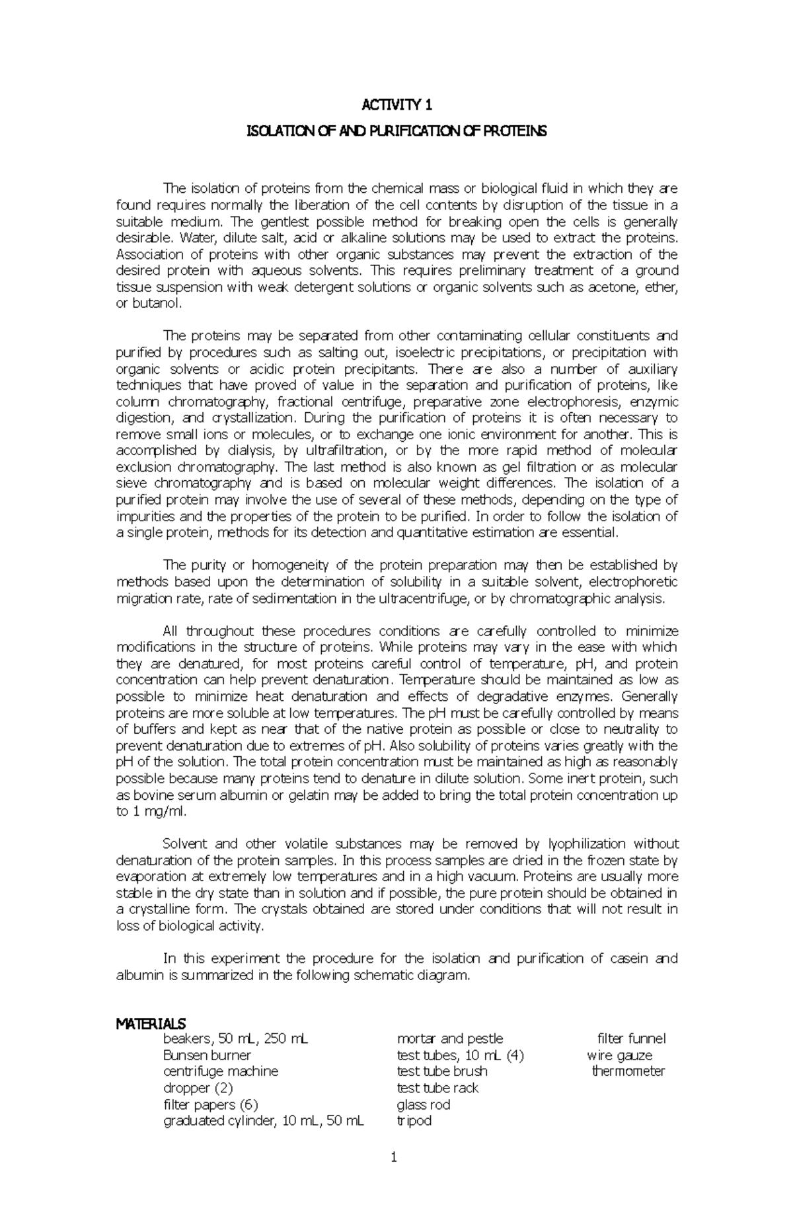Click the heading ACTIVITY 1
[397, 105]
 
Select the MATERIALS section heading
[151, 1024]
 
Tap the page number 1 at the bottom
[395, 1176]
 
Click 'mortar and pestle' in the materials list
[449, 1039]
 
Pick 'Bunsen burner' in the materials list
[207, 1055]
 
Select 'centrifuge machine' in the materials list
[221, 1071]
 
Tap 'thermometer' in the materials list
[628, 1071]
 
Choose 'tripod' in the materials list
[414, 1121]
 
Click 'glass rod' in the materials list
[423, 1104]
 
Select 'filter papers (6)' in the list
[210, 1104]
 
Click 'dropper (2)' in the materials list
[198, 1088]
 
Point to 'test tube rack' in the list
[437, 1088]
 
